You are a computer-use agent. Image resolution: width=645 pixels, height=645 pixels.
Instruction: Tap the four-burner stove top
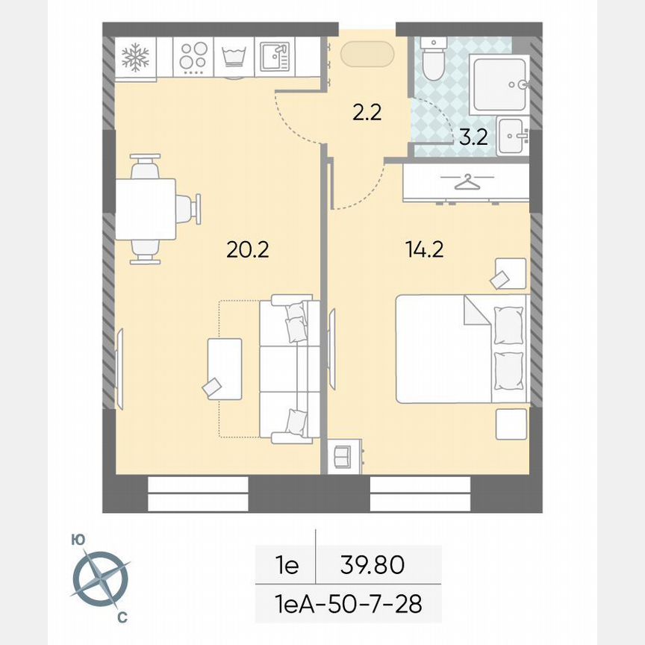click(x=193, y=57)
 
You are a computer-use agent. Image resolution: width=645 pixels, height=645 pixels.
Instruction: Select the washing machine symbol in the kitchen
click(x=235, y=57)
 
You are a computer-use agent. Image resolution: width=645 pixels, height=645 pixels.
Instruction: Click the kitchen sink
click(x=275, y=57)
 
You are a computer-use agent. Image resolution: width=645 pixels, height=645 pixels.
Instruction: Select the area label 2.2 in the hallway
click(x=367, y=113)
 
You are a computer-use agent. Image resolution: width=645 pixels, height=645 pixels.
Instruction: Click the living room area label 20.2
click(x=247, y=249)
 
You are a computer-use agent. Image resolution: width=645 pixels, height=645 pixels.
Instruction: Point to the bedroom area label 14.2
click(x=424, y=249)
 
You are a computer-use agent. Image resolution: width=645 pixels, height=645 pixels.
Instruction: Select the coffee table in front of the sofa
click(x=225, y=369)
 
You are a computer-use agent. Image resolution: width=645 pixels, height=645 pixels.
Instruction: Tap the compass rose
click(x=102, y=579)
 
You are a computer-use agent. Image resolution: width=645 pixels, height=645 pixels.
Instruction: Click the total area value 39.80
click(x=373, y=565)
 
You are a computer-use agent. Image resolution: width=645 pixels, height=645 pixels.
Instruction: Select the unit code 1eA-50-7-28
click(x=348, y=604)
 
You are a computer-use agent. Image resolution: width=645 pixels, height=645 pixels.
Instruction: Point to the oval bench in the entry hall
click(x=362, y=54)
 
